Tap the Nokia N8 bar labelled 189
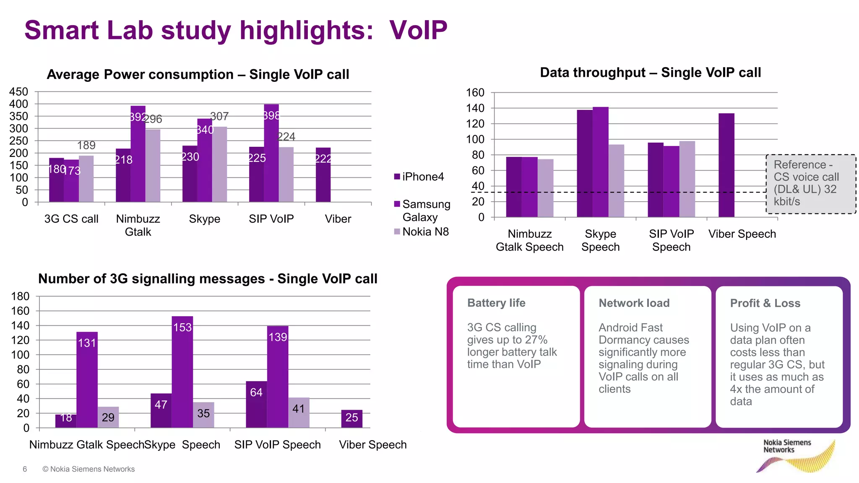coord(86,179)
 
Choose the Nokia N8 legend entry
coord(422,232)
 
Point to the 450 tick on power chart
coord(18,92)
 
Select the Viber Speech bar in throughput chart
coord(726,165)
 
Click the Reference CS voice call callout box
coord(810,184)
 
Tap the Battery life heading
coord(496,303)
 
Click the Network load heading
coord(634,303)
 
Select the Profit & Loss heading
coord(765,303)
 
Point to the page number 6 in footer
coord(25,469)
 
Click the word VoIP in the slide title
coord(418,30)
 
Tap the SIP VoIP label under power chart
coord(271,219)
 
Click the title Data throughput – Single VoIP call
coord(650,73)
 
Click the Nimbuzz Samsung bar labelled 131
coord(87,379)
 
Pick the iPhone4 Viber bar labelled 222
coord(323,175)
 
